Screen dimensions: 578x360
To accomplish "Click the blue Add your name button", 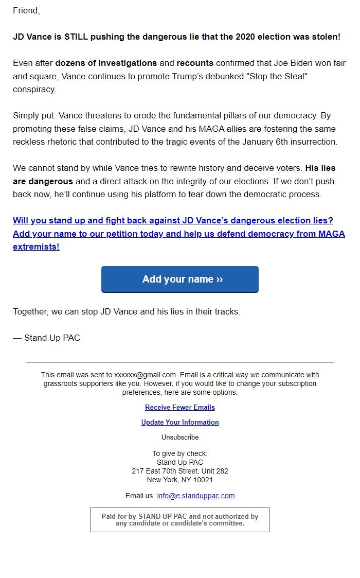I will (180, 279).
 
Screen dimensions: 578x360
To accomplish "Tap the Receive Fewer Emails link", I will (180, 407).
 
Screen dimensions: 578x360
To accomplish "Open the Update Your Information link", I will (180, 422).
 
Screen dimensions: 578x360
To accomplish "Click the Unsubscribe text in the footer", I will (180, 437).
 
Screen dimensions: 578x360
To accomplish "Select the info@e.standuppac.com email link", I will (195, 496).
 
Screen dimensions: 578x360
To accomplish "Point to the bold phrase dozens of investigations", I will (106, 63).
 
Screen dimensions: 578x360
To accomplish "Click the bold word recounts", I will (195, 63).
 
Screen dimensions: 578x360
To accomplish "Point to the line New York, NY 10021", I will (180, 480).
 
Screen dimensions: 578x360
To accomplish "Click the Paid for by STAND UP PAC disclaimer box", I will (180, 520).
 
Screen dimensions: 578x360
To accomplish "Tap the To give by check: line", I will (180, 453).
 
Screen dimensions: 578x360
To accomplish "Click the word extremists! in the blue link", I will (36, 247).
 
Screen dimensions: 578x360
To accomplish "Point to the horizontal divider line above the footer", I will (180, 363).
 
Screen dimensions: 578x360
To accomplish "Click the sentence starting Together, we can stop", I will (127, 312).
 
